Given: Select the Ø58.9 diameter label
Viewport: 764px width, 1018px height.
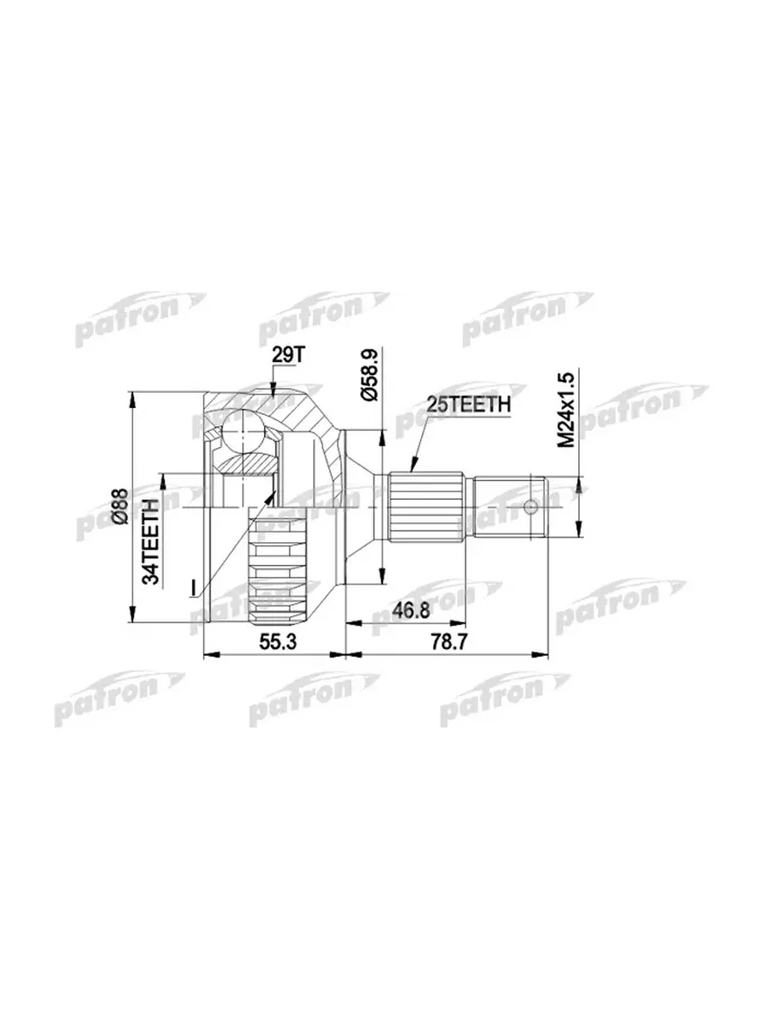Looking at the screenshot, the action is click(371, 375).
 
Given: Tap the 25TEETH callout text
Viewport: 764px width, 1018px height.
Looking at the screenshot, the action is click(469, 405).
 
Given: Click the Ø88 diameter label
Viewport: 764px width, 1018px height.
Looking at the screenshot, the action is click(121, 506).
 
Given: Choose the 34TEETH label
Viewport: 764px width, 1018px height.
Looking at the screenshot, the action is click(151, 541).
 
